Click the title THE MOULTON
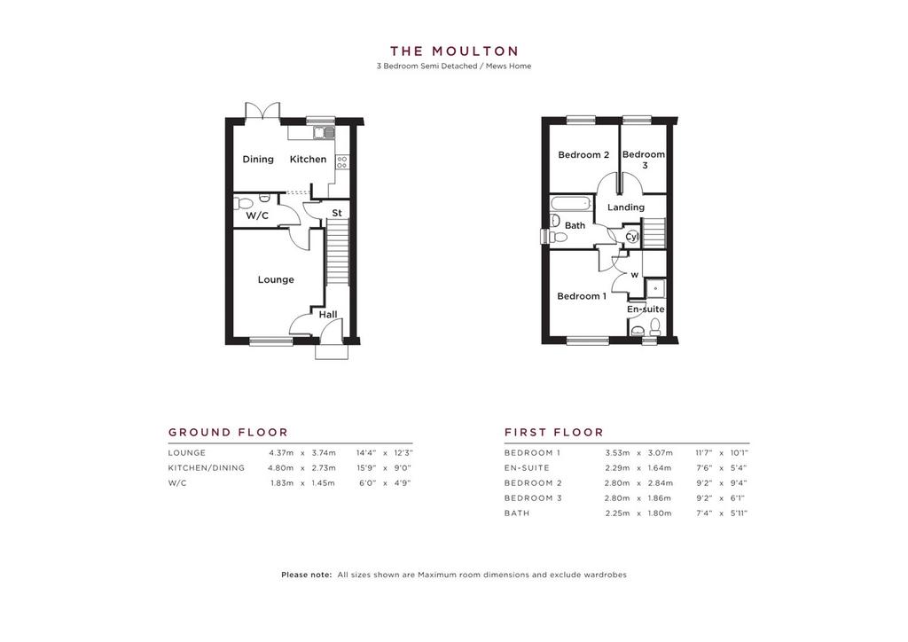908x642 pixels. click(454, 51)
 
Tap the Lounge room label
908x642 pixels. click(276, 279)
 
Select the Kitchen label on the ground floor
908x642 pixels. click(308, 160)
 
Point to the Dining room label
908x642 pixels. click(258, 160)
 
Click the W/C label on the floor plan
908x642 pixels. click(257, 216)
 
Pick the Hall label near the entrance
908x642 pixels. click(328, 315)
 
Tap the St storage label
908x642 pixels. click(337, 213)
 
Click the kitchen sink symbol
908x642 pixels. click(325, 133)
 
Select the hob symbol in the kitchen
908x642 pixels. click(341, 161)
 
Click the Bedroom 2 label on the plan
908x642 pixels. click(583, 154)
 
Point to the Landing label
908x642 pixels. click(626, 207)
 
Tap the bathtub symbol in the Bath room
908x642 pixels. click(571, 203)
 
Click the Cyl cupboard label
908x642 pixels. click(631, 237)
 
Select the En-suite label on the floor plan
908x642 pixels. click(646, 309)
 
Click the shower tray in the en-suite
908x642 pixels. click(655, 288)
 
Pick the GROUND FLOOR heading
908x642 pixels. click(228, 433)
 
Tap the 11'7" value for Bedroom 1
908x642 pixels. click(704, 453)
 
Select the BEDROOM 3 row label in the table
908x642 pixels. click(533, 497)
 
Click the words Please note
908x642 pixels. click(306, 575)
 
